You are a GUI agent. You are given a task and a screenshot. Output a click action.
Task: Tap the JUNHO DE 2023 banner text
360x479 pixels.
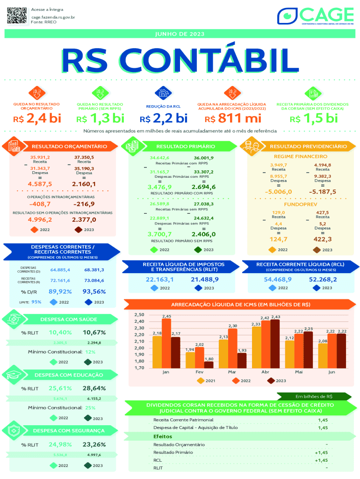click(x=180, y=34)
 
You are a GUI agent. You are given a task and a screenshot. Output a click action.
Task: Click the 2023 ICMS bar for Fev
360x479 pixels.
click(x=209, y=364)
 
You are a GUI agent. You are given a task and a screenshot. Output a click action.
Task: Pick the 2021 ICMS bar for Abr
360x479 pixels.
click(x=257, y=347)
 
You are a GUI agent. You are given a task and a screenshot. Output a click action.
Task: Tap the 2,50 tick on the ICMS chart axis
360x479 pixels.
click(x=138, y=315)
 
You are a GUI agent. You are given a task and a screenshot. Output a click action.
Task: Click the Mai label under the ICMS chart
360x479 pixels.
click(x=299, y=372)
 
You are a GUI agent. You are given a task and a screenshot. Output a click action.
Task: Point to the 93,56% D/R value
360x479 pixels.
click(x=94, y=291)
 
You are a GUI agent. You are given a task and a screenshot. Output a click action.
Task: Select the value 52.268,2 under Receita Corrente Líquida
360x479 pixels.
click(x=323, y=279)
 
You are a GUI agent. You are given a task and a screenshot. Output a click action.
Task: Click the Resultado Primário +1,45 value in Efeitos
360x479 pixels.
click(x=321, y=452)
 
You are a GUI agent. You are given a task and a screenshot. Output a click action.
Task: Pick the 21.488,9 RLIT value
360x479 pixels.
click(x=205, y=279)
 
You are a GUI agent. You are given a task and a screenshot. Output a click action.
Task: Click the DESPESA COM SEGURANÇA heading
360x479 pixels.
click(x=69, y=430)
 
